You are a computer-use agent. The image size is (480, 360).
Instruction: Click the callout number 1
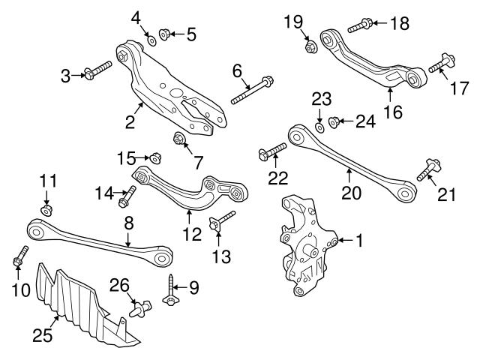point(359,241)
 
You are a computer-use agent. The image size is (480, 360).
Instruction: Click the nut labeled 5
point(167,34)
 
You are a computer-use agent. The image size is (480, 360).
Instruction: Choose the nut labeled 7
point(180,138)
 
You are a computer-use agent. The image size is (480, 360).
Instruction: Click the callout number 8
point(128,222)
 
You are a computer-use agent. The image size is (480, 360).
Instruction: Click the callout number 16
point(392,112)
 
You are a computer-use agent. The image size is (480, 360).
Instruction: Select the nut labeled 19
point(310,48)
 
